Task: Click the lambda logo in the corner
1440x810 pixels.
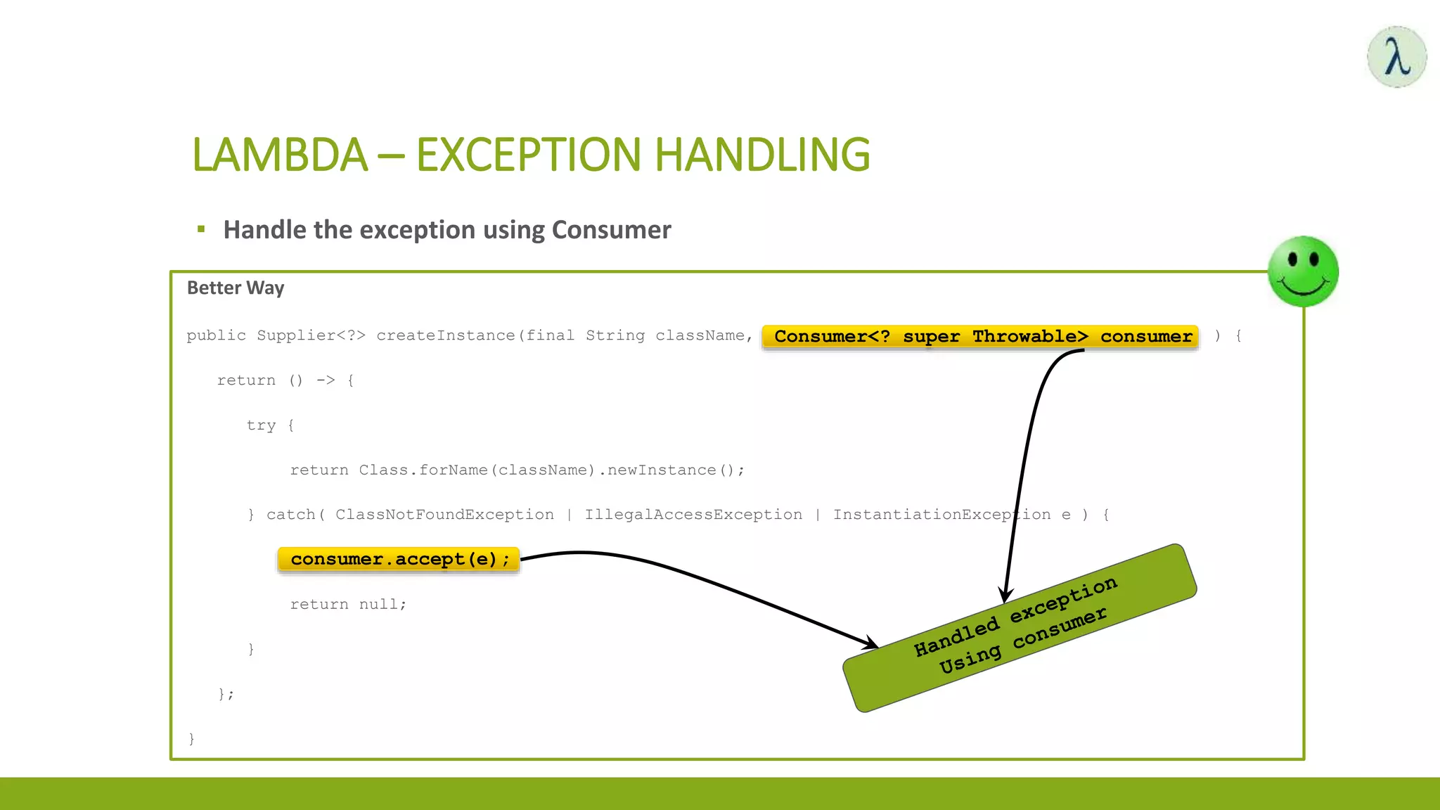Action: [1396, 57]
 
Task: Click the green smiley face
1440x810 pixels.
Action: [1303, 271]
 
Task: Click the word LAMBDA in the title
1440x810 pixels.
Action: [280, 155]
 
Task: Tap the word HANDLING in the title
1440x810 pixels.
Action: [763, 155]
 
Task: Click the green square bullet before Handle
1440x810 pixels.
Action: [201, 229]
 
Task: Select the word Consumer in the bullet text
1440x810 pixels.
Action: [611, 230]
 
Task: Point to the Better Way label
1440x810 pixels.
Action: [236, 288]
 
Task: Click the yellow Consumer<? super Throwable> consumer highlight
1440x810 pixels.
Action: [982, 336]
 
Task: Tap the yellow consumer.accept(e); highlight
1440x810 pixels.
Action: [399, 560]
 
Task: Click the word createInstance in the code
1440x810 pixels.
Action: [446, 335]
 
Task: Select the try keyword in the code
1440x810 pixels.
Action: [261, 425]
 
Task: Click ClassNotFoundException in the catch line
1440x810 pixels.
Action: [444, 515]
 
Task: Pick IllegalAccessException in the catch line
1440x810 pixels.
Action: [693, 515]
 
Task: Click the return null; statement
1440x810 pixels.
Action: [348, 604]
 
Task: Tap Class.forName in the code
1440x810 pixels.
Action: [423, 470]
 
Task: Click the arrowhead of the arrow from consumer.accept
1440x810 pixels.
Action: [871, 643]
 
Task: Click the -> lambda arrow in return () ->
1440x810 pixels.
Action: [326, 380]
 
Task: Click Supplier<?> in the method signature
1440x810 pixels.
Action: [311, 335]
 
